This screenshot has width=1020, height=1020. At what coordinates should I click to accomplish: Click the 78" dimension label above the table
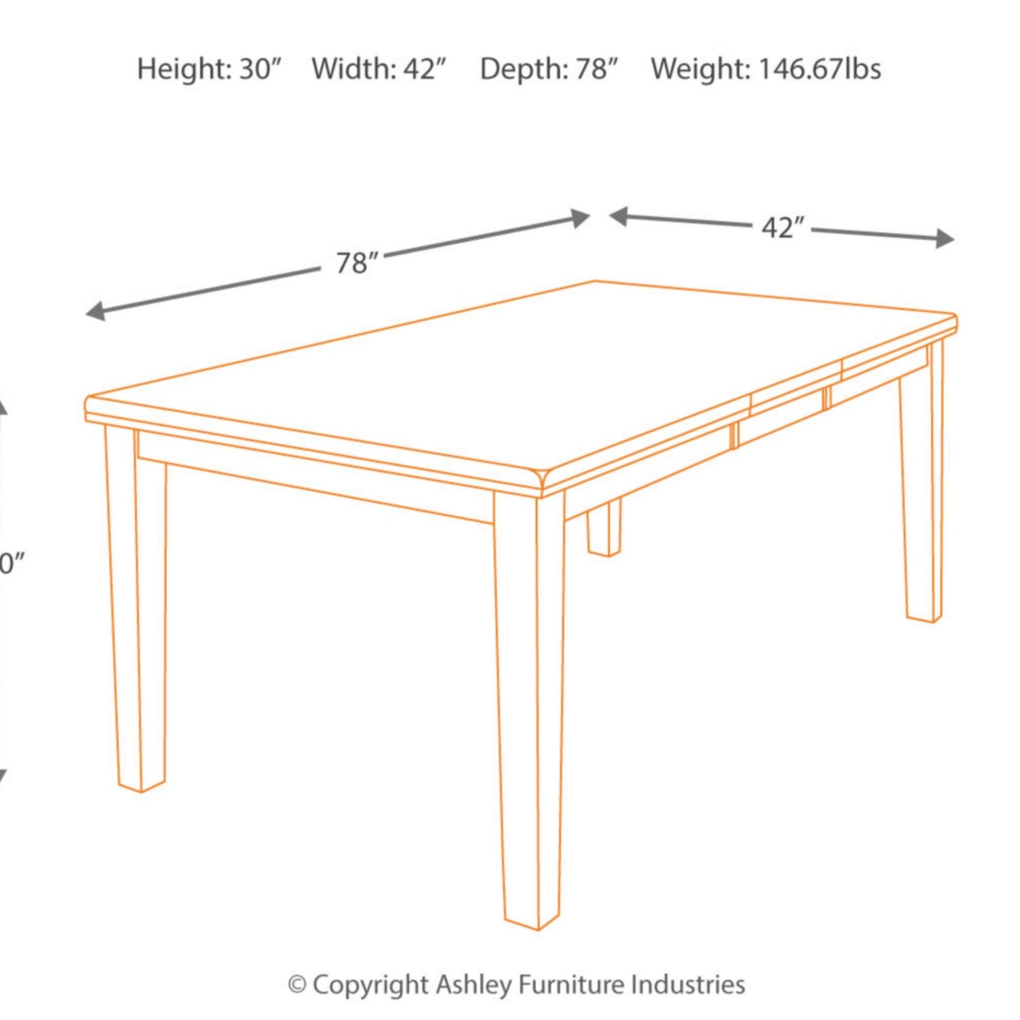click(357, 262)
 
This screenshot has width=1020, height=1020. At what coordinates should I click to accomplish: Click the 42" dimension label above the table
click(783, 228)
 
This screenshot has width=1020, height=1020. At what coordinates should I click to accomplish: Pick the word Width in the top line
click(354, 69)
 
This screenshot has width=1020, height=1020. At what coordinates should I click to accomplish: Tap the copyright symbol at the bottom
click(296, 985)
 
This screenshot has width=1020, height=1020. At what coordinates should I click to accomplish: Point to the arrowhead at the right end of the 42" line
click(945, 239)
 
